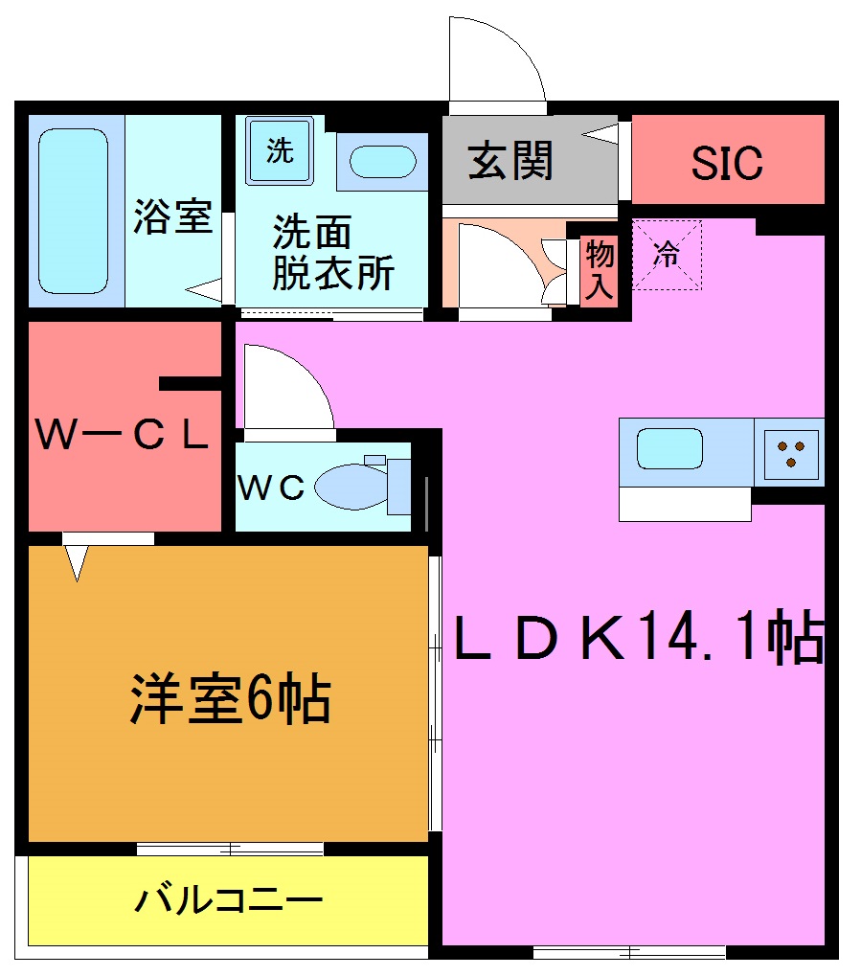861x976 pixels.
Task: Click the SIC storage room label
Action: [728, 163]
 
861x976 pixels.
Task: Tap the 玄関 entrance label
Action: [510, 161]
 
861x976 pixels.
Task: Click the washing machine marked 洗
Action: [280, 150]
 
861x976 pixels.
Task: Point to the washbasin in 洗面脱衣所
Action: [382, 162]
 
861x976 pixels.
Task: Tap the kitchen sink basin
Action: [669, 447]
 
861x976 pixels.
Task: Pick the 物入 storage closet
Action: [600, 270]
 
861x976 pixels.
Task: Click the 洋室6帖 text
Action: [230, 700]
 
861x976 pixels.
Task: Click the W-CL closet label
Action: [123, 436]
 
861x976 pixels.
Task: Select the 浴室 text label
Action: [172, 216]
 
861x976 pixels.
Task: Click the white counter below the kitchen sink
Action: [684, 504]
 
